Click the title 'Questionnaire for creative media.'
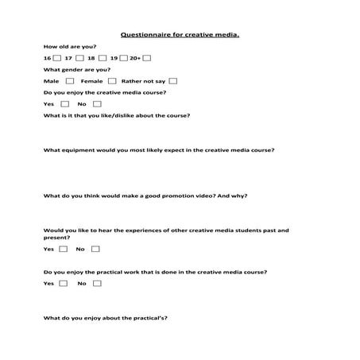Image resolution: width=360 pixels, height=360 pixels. coord(180,35)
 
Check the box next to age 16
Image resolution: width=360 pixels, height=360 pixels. coord(57,58)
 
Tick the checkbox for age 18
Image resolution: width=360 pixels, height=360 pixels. coord(102,58)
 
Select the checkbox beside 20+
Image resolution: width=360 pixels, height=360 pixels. coord(147,58)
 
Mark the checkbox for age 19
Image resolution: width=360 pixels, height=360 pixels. coord(124,58)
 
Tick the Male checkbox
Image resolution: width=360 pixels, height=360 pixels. coord(70,81)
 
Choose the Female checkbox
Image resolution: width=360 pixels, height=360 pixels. coord(112,81)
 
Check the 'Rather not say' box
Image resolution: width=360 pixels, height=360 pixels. coord(172,81)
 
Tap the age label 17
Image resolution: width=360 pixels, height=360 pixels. coord(68,59)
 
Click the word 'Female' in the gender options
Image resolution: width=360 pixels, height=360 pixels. coord(91,81)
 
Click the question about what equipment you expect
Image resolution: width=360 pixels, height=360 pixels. coord(159,149)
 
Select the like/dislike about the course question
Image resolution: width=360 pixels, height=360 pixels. coord(117,115)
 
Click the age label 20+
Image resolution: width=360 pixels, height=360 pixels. coord(135,59)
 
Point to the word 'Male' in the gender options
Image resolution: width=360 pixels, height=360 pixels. coord(52,81)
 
